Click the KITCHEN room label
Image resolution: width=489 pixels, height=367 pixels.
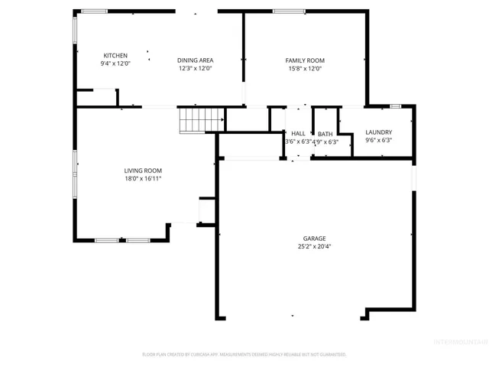click(x=115, y=56)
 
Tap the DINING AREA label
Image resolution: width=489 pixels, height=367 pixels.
click(x=195, y=60)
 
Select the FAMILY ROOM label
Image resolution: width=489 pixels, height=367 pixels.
click(x=305, y=60)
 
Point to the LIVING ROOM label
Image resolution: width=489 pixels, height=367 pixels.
click(x=143, y=171)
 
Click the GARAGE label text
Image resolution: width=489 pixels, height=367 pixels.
click(x=314, y=239)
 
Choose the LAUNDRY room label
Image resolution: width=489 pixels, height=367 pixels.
click(x=378, y=132)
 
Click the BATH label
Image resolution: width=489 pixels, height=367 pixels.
click(x=325, y=134)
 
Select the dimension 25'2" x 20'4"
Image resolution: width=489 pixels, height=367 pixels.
click(x=314, y=246)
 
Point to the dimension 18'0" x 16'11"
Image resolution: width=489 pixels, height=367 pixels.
click(x=143, y=178)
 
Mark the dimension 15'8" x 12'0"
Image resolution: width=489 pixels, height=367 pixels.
click(x=305, y=69)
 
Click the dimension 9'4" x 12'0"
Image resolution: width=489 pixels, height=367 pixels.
click(x=115, y=64)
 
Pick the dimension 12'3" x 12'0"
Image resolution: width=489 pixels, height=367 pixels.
click(x=195, y=69)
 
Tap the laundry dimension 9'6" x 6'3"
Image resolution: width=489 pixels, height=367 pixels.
click(x=378, y=141)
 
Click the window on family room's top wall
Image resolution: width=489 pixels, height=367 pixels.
click(x=285, y=11)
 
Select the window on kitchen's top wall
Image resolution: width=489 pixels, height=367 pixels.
click(x=95, y=11)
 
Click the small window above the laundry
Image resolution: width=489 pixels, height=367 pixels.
click(x=395, y=105)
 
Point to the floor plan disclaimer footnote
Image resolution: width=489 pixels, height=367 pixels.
click(x=244, y=354)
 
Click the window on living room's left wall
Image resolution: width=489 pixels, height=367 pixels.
click(x=74, y=174)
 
